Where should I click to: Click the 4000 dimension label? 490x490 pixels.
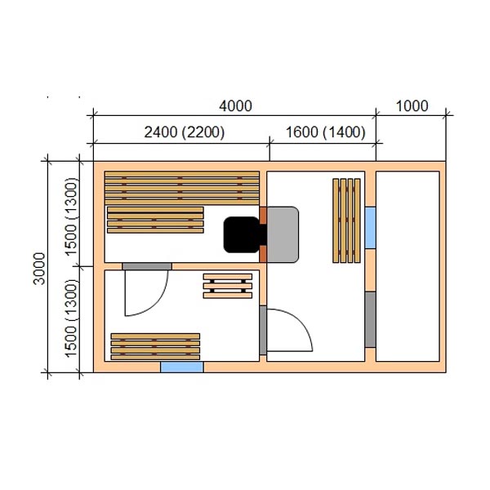pyautogui.click(x=235, y=106)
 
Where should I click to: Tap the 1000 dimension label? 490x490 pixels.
pyautogui.click(x=412, y=106)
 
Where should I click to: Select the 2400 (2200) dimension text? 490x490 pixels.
pyautogui.click(x=185, y=132)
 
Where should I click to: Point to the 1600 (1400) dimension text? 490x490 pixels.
pyautogui.click(x=325, y=132)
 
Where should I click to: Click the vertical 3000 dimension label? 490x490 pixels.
pyautogui.click(x=39, y=269)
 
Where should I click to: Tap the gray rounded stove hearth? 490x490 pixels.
pyautogui.click(x=283, y=234)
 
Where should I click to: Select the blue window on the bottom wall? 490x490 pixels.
pyautogui.click(x=182, y=367)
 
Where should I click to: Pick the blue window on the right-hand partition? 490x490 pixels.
pyautogui.click(x=370, y=228)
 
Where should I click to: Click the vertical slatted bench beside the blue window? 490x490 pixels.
pyautogui.click(x=346, y=220)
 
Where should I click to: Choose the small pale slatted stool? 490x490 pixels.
pyautogui.click(x=228, y=286)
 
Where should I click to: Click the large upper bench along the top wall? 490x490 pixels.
pyautogui.click(x=182, y=188)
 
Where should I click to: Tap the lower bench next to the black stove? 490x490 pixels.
pyautogui.click(x=155, y=220)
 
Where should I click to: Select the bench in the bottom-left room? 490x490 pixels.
pyautogui.click(x=155, y=346)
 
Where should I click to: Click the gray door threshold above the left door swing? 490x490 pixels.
pyautogui.click(x=147, y=266)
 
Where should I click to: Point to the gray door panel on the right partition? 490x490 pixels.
pyautogui.click(x=370, y=319)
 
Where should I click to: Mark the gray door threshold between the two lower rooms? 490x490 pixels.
pyautogui.click(x=263, y=330)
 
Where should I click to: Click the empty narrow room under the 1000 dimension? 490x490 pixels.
pyautogui.click(x=408, y=266)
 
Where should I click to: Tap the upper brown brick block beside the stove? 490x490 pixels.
pyautogui.click(x=263, y=216)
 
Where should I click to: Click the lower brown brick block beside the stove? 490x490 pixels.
pyautogui.click(x=263, y=254)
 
